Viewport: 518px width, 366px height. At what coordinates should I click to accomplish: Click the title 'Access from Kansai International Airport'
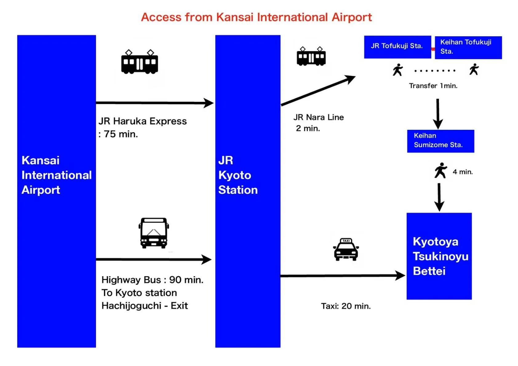point(256,17)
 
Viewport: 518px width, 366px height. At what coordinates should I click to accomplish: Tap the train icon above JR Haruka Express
point(139,62)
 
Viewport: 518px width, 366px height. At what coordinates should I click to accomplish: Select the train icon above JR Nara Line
point(311,57)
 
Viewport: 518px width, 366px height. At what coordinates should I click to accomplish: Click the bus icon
point(154,233)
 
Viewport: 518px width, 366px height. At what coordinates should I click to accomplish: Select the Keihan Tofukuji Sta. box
point(468,47)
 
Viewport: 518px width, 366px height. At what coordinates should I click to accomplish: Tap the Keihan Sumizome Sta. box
point(440,141)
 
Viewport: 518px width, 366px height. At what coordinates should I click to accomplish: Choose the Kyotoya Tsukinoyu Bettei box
point(439,256)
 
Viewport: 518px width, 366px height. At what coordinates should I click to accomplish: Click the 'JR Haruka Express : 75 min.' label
point(142,127)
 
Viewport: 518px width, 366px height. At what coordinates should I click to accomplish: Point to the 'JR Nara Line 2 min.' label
point(318,122)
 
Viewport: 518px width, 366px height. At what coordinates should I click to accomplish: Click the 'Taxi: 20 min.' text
point(346,306)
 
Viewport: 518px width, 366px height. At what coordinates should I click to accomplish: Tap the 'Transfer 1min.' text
point(433,86)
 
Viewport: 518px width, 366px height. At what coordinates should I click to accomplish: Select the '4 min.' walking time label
point(463,172)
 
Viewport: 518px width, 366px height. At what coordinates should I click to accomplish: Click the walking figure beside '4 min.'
point(440,170)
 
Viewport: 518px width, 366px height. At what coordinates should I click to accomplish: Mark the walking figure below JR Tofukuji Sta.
point(397,70)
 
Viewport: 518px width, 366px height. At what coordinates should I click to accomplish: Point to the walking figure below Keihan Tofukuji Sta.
point(474,70)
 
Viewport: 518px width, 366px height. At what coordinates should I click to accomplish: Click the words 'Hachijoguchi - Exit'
point(145,306)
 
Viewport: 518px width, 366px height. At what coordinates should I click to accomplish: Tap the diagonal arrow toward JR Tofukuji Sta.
point(318,91)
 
